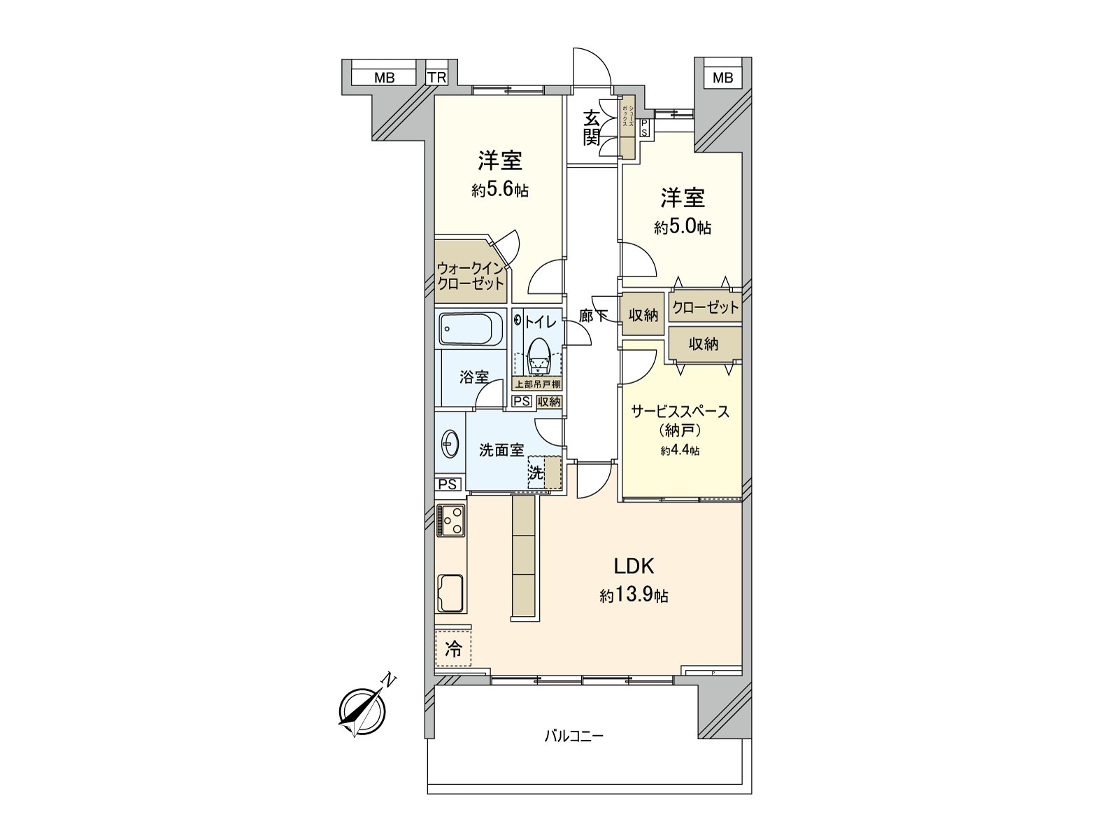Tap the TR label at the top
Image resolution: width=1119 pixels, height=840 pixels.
click(437, 78)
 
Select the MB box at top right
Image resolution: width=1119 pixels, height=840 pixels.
click(722, 78)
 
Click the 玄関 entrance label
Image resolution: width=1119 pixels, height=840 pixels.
click(592, 127)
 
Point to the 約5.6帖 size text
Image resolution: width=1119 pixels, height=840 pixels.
click(499, 190)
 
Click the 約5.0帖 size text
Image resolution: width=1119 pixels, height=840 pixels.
click(683, 227)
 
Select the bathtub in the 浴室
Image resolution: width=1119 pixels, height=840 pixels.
click(471, 328)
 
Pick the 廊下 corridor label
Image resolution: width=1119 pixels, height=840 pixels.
click(593, 316)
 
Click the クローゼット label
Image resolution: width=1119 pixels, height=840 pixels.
click(705, 307)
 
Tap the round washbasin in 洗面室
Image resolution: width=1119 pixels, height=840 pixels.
click(450, 444)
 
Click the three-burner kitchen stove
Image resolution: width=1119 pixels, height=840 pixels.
click(450, 521)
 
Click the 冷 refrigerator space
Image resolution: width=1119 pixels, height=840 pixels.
click(453, 649)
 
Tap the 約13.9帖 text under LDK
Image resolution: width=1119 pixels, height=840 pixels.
click(634, 596)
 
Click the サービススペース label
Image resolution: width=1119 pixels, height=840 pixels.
click(680, 411)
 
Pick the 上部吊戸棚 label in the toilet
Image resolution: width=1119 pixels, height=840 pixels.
click(537, 384)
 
